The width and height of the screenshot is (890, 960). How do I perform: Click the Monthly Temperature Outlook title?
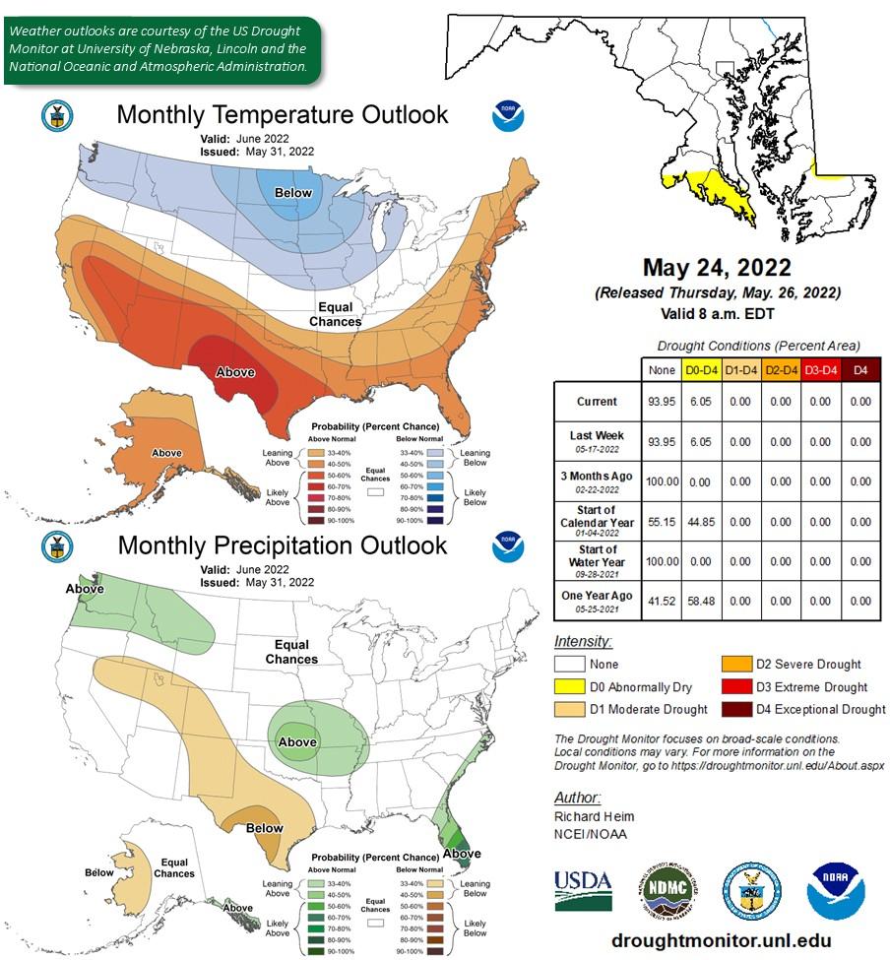pyautogui.click(x=282, y=115)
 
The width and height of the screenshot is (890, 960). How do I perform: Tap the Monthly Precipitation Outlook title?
pyautogui.click(x=282, y=545)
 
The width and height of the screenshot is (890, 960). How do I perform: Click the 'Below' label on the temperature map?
pyautogui.click(x=292, y=193)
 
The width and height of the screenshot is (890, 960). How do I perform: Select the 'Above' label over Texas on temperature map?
pyautogui.click(x=235, y=372)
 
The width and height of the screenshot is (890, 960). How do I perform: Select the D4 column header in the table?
pyautogui.click(x=859, y=369)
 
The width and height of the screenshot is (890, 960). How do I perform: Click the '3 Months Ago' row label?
pyautogui.click(x=597, y=481)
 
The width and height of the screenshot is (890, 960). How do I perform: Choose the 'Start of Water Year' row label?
pyautogui.click(x=597, y=560)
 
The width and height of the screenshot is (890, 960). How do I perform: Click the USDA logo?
pyautogui.click(x=583, y=891)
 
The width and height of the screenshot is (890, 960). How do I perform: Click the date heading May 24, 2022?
pyautogui.click(x=717, y=268)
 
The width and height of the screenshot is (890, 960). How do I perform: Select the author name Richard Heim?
pyautogui.click(x=595, y=816)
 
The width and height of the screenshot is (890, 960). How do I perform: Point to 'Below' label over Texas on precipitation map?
pyautogui.click(x=264, y=828)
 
